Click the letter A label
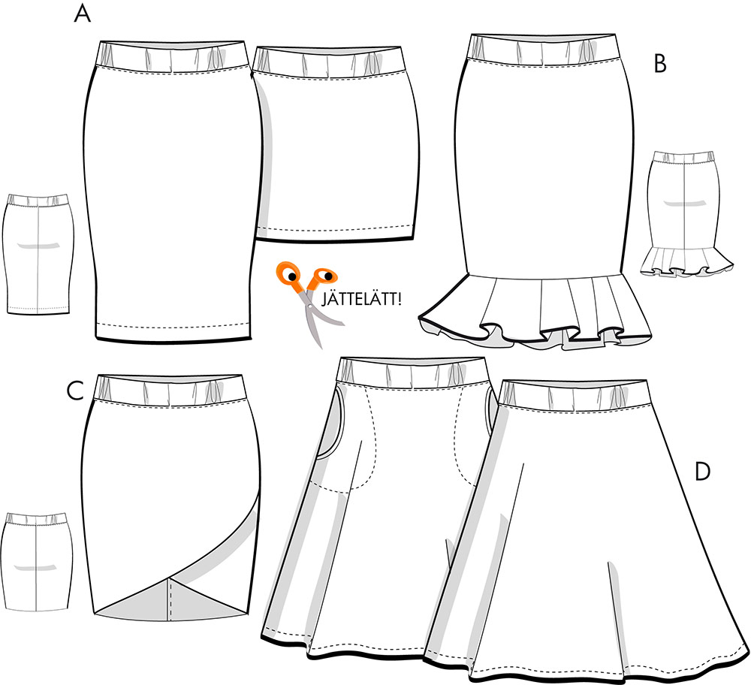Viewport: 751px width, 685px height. tap(83, 14)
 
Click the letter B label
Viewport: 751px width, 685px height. tap(660, 64)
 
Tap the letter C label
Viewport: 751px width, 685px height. tap(75, 391)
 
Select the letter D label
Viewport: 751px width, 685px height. tap(702, 472)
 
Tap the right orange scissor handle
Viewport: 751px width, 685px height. tap(323, 277)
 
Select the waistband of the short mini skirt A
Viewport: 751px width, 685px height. tap(330, 62)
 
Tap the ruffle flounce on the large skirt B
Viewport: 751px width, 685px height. tap(535, 312)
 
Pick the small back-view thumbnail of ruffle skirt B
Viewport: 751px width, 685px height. tap(686, 213)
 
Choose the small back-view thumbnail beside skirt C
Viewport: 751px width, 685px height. tap(38, 561)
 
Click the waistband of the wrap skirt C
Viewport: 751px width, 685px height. tap(171, 391)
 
